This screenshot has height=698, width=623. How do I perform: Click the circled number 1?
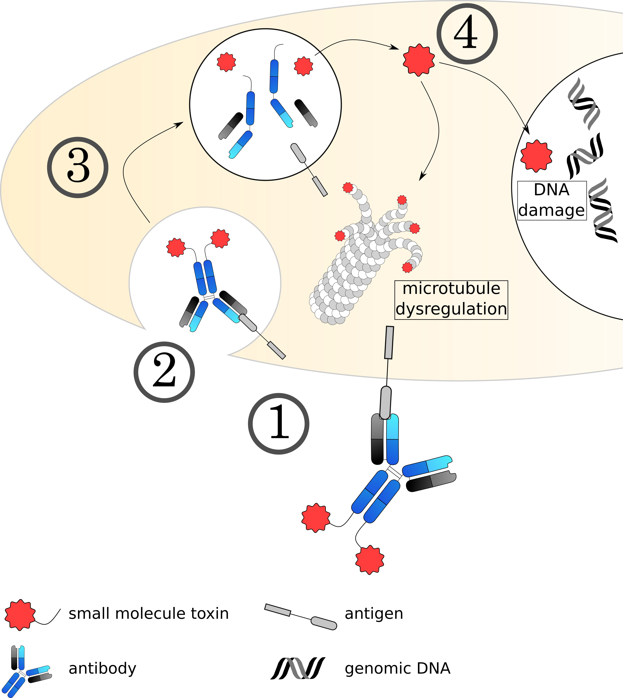[279, 424]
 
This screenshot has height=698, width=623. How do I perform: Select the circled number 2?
[164, 372]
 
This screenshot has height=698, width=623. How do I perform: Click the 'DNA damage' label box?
[552, 200]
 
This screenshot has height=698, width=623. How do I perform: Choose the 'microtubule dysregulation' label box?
[451, 300]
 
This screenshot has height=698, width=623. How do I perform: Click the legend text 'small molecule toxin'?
[149, 614]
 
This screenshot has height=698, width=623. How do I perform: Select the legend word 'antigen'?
[374, 614]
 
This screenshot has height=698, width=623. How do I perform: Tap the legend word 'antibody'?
[102, 668]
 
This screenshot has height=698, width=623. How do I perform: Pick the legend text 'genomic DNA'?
[397, 668]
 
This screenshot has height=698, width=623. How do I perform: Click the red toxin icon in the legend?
[20, 615]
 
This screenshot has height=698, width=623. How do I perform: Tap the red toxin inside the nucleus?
[536, 156]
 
